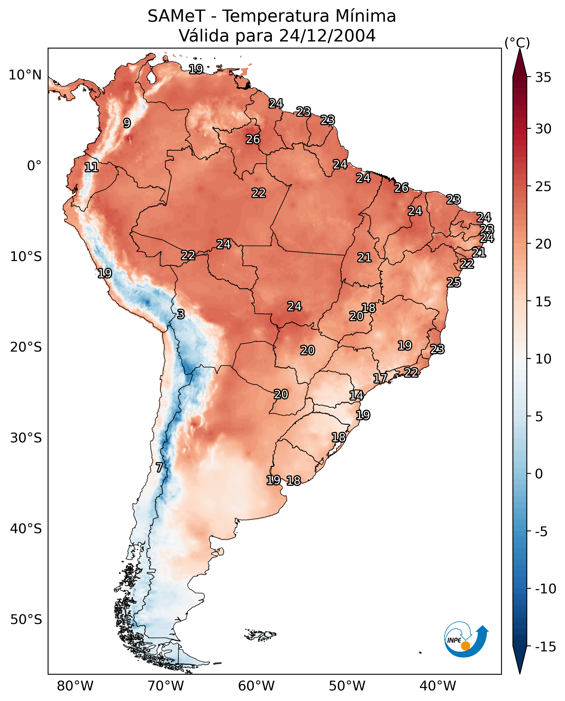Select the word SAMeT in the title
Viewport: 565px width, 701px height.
click(x=176, y=16)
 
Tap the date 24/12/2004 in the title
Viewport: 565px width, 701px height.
click(x=327, y=36)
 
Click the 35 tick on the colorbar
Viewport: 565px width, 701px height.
click(x=543, y=78)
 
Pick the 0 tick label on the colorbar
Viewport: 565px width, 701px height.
click(x=539, y=474)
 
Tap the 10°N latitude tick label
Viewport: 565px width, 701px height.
click(x=25, y=75)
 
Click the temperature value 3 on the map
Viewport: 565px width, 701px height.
click(x=181, y=314)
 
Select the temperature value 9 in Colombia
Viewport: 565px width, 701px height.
click(x=127, y=123)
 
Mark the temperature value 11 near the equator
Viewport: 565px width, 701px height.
click(x=92, y=168)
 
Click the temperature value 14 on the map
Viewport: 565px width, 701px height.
click(x=356, y=395)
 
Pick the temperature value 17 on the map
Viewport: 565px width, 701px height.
click(x=380, y=378)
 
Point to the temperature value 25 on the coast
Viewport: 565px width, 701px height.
click(x=454, y=282)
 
